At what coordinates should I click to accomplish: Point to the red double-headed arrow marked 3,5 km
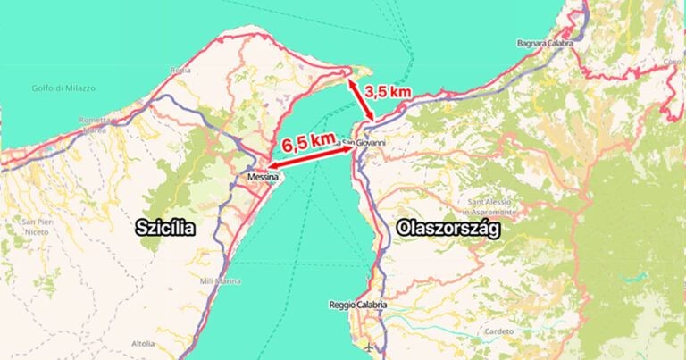click(x=366, y=100)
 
